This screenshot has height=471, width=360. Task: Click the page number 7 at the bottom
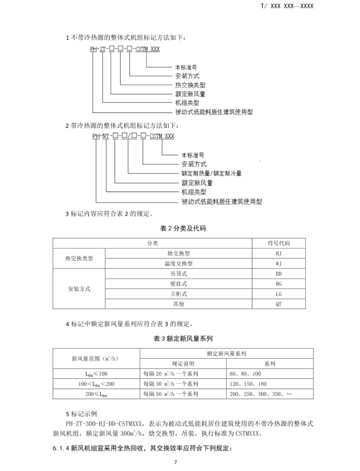tap(176, 463)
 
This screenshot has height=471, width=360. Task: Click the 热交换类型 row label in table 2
tap(79, 259)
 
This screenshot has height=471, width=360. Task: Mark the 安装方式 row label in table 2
tap(79, 289)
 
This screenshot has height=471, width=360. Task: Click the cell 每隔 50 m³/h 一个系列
tap(170, 394)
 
